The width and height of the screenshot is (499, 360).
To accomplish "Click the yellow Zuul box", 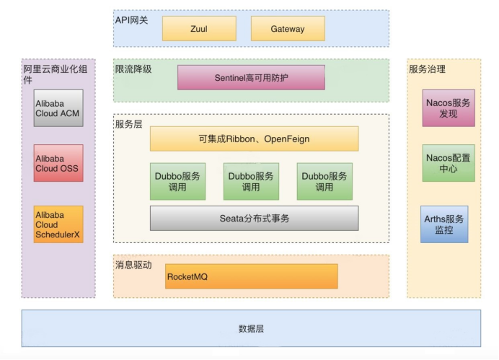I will (x=199, y=29).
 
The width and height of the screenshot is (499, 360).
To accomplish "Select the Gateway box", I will (x=288, y=29).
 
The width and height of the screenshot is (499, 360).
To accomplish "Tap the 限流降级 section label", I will (x=133, y=69).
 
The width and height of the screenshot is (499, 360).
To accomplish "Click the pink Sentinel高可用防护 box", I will (x=251, y=77).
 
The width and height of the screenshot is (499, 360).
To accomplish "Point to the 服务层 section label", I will (x=128, y=124).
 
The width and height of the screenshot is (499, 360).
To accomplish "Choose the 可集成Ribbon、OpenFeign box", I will (x=254, y=139).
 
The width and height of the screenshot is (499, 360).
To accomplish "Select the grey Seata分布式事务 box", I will (x=254, y=218).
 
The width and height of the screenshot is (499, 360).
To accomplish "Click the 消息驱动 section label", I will (x=133, y=265).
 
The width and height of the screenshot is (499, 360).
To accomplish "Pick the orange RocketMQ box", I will (x=251, y=276).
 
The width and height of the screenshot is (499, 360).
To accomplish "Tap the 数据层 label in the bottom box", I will (x=251, y=329).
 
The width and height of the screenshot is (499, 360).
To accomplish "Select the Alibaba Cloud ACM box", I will (x=58, y=108).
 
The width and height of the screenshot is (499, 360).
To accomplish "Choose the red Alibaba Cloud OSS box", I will (x=58, y=163).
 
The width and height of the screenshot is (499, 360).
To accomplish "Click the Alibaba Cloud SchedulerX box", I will (x=58, y=224).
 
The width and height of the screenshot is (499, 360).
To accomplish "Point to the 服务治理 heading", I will (x=427, y=69).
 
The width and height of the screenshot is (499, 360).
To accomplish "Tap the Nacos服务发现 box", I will (x=449, y=108).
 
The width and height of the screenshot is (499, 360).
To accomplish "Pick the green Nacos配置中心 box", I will (x=449, y=163).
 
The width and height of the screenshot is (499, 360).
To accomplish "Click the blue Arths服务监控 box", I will (x=444, y=224).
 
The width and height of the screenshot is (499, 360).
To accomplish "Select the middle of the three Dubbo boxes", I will (x=251, y=182).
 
